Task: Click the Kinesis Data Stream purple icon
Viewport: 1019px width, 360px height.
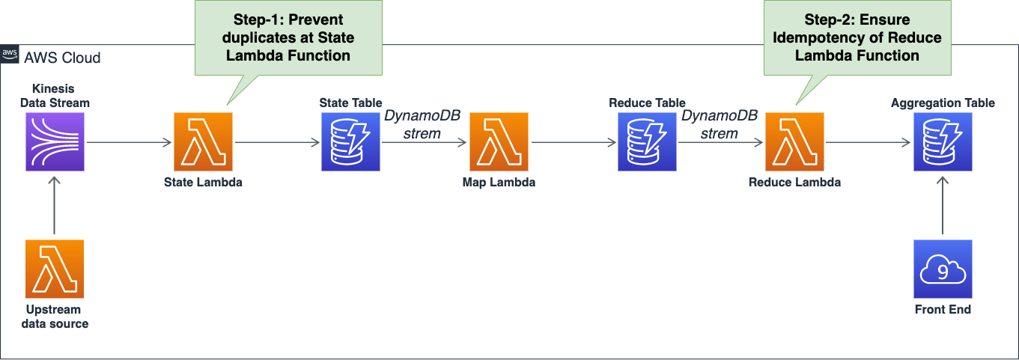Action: (55, 141)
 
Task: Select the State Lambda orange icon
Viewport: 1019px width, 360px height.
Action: (203, 141)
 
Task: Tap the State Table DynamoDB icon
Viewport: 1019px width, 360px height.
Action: (350, 141)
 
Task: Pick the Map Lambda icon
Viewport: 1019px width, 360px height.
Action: (499, 141)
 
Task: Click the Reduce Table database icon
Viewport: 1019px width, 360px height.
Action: (647, 141)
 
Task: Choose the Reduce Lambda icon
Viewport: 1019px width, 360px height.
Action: (794, 141)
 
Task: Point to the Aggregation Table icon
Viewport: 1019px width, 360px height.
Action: (943, 141)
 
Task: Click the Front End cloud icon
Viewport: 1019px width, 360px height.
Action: (943, 269)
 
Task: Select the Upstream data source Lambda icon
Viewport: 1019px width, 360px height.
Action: (55, 269)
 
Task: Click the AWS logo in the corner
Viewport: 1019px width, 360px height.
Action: (10, 54)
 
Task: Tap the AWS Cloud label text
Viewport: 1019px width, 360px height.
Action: (62, 58)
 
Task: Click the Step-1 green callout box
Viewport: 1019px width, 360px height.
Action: (288, 37)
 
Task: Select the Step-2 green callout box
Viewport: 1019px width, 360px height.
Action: (857, 37)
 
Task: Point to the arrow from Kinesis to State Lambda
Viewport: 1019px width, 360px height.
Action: (130, 142)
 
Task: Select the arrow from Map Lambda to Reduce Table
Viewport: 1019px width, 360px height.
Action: (574, 142)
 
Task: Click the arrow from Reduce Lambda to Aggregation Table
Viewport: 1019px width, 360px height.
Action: (868, 142)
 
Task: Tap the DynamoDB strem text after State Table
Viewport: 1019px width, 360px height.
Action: (422, 124)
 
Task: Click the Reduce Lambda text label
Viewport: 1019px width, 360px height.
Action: (794, 183)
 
